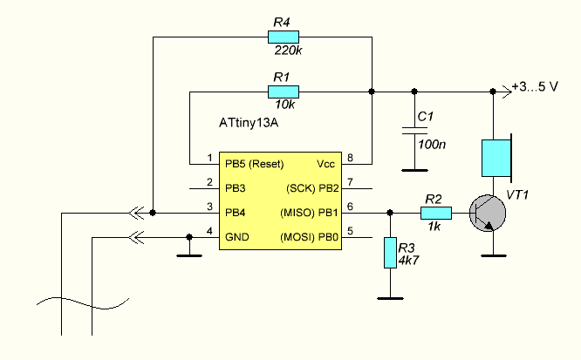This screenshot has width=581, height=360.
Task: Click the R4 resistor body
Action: click(284, 37)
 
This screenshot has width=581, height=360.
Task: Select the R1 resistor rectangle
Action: click(284, 92)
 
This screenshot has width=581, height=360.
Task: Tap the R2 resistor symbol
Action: click(436, 213)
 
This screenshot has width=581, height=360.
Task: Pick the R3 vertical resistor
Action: click(390, 253)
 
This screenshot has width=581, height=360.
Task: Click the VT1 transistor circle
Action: click(488, 214)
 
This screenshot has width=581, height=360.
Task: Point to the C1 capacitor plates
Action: click(414, 131)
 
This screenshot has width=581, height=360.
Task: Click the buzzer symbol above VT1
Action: click(496, 158)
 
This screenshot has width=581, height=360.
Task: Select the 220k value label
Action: click(288, 51)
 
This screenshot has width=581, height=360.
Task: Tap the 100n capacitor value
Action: click(432, 144)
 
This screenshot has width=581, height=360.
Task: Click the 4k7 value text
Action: click(408, 261)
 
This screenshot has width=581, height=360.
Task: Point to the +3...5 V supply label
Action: click(535, 86)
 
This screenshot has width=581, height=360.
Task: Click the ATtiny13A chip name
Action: click(249, 123)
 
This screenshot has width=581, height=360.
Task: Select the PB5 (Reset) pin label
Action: click(255, 164)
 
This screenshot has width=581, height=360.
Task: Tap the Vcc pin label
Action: click(325, 164)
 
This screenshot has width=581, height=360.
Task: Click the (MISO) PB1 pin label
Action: click(310, 213)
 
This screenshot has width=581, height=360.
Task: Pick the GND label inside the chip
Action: click(237, 237)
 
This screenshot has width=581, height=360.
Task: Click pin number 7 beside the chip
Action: click(350, 182)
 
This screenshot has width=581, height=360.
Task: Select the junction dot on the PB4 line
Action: click(153, 213)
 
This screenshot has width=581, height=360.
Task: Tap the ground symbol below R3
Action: click(390, 298)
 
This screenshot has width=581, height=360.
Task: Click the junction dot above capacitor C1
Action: click(414, 92)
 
